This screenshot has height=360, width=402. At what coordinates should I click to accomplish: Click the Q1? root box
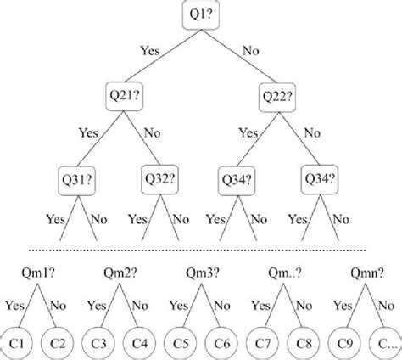coord(201,14)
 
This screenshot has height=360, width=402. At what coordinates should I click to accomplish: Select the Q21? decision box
coord(125,96)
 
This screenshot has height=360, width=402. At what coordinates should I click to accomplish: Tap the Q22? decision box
coord(277,98)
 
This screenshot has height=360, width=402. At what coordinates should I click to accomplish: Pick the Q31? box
coord(76,181)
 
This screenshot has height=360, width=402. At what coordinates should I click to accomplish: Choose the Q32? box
coord(159,179)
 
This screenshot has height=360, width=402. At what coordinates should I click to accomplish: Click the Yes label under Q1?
coord(150,51)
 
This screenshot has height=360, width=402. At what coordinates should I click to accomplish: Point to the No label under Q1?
coord(251,51)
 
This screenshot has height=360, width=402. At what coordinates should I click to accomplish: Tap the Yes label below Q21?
coord(88,132)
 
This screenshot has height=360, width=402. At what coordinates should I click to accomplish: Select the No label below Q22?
coord(312,132)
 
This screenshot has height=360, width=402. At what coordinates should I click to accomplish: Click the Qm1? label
coord(38,273)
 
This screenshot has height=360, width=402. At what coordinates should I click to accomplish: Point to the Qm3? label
coord(203,273)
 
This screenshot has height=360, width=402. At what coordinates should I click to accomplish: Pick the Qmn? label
coord(367,273)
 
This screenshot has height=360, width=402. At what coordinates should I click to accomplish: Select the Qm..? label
coord(285,273)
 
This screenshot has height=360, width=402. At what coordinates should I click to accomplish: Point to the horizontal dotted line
coord(197,250)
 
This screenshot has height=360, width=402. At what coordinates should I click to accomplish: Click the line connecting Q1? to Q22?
coord(239,56)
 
